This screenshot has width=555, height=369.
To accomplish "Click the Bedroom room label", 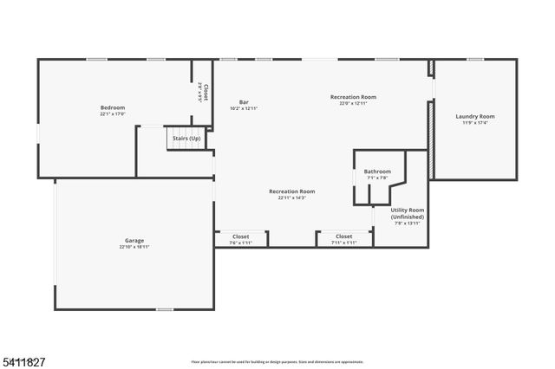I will pyautogui.click(x=113, y=107).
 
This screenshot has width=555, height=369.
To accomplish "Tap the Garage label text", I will pyautogui.click(x=134, y=240).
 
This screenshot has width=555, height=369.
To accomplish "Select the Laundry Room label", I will pyautogui.click(x=475, y=116).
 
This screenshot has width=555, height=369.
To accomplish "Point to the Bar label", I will pyautogui.click(x=244, y=102).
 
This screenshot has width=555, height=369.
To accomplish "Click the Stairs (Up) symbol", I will pyautogui.click(x=186, y=139).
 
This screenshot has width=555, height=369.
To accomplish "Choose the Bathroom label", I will pyautogui.click(x=377, y=172).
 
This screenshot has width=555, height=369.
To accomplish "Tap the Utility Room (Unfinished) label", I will pyautogui.click(x=407, y=213).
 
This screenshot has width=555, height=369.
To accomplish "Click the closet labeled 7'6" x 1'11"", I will pyautogui.click(x=240, y=236).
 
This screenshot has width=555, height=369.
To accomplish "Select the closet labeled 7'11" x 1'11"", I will pyautogui.click(x=343, y=236).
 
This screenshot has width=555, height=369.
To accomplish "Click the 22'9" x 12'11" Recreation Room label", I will pyautogui.click(x=353, y=97).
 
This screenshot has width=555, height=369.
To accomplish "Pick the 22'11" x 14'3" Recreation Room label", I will pyautogui.click(x=291, y=191).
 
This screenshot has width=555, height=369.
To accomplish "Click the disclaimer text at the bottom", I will pyautogui.click(x=277, y=361).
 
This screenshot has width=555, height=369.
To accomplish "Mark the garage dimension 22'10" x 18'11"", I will pyautogui.click(x=134, y=247).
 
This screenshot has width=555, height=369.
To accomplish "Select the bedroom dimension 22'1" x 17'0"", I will pyautogui.click(x=113, y=113).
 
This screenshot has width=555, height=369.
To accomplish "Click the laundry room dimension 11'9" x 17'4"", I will pyautogui.click(x=475, y=122).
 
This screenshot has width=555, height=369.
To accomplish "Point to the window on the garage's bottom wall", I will pyautogui.click(x=164, y=309).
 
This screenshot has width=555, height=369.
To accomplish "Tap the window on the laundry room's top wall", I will pyautogui.click(x=474, y=59).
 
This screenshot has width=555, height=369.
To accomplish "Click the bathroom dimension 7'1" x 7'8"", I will pyautogui.click(x=377, y=178).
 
